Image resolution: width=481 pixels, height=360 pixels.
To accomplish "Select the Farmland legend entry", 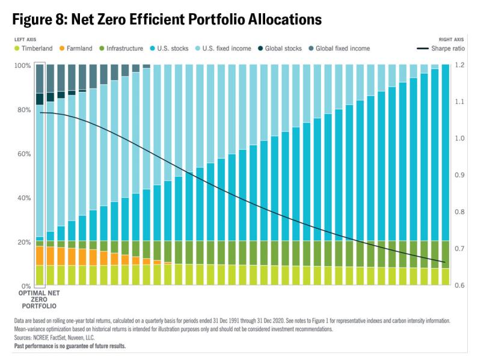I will [71, 48].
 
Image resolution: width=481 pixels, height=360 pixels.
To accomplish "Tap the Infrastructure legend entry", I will [120, 48].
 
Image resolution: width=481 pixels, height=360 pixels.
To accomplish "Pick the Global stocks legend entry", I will [289, 48].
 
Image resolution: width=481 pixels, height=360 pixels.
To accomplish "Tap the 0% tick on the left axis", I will [23, 286].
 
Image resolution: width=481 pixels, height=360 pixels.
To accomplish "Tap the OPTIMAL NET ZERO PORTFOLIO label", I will [40, 299].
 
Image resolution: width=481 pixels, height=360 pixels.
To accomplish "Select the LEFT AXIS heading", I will [26, 40].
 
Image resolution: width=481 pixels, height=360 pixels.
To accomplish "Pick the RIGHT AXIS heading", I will [456, 40].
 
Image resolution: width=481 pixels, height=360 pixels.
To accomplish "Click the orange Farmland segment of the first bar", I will [40, 255].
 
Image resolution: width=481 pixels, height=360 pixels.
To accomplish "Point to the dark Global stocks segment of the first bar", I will [40, 99].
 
